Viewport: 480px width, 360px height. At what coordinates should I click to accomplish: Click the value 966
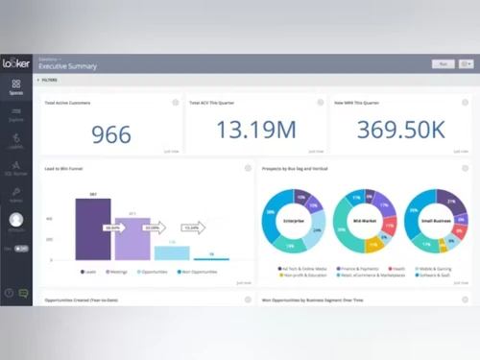[x=111, y=133]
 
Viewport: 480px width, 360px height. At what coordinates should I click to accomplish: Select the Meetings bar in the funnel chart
[x=132, y=238]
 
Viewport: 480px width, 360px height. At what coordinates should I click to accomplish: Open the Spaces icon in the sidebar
[x=16, y=88]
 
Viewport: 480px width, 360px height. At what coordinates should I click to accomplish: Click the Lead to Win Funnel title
[x=62, y=168]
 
